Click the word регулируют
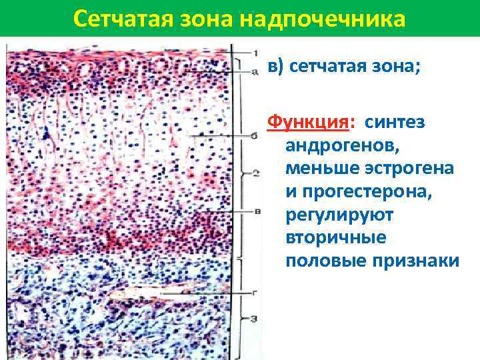click(x=340, y=215)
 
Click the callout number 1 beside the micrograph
click(x=255, y=52)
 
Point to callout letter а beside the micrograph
click(x=255, y=69)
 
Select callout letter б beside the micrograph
click(x=255, y=135)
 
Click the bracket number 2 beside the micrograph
click(x=255, y=174)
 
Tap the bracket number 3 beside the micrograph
click(x=255, y=319)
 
